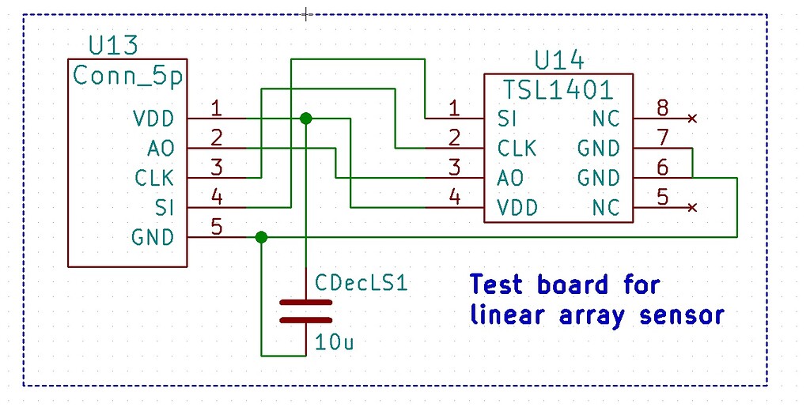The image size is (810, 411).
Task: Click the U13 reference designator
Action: tap(112, 46)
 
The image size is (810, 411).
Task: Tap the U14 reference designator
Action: tap(559, 61)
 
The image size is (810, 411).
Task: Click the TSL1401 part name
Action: tap(558, 89)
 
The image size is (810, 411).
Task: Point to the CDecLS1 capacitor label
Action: tap(361, 282)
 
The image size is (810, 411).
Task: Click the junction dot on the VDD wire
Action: tap(306, 119)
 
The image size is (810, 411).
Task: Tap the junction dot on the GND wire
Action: tap(262, 237)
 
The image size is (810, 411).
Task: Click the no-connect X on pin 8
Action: tap(693, 119)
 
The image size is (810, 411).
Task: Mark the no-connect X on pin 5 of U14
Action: tap(693, 207)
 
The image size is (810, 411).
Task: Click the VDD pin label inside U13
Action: tap(154, 119)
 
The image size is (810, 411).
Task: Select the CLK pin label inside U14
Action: tap(517, 149)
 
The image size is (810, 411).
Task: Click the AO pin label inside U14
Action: tap(510, 178)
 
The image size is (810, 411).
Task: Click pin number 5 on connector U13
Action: tap(216, 227)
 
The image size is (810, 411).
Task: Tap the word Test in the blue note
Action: tap(499, 285)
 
